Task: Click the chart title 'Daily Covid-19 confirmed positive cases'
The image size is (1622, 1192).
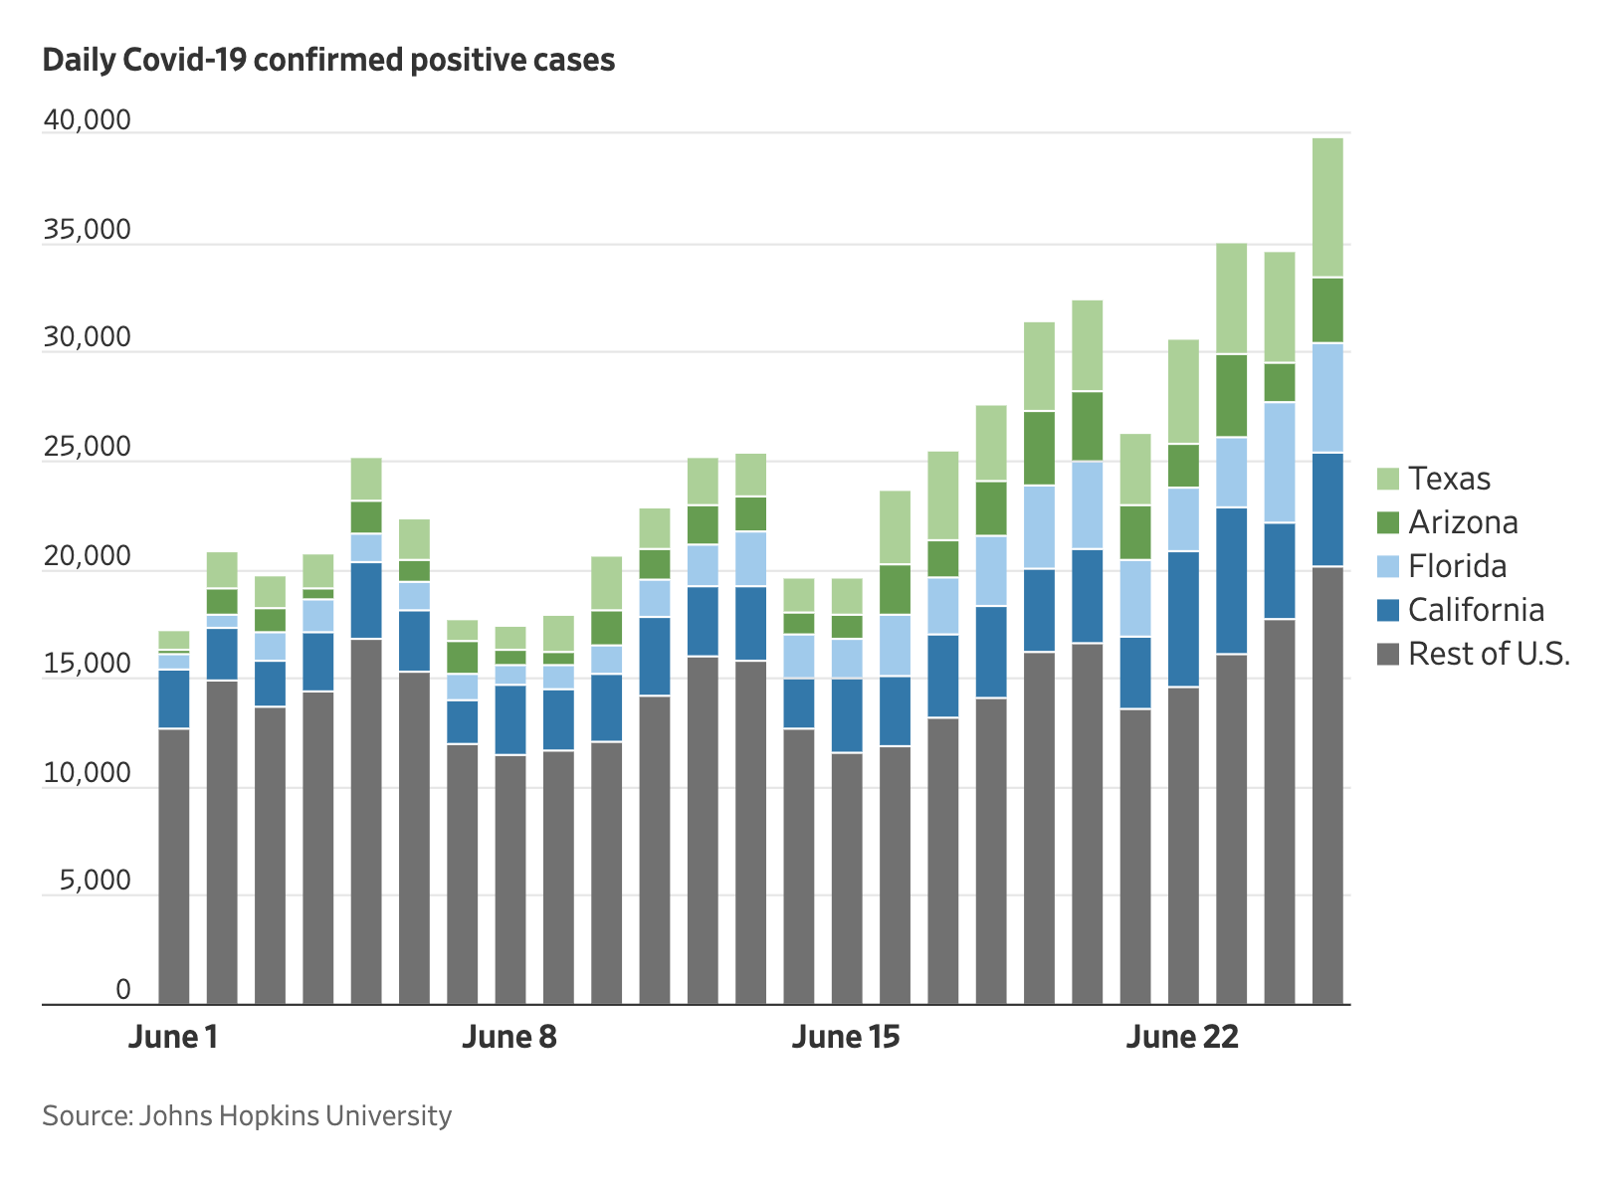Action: [328, 61]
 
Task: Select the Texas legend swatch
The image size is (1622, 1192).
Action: [1388, 479]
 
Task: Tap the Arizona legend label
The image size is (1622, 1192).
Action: [1463, 522]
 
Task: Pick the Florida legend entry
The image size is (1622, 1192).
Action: [1457, 566]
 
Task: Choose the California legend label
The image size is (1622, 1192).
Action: [1476, 610]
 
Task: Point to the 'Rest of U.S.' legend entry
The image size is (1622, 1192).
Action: [1489, 654]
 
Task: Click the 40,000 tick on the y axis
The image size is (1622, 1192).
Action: [87, 120]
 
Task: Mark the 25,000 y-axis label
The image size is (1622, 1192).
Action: [87, 447]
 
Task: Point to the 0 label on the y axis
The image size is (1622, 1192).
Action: [123, 989]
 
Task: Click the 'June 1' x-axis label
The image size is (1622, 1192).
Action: [173, 1037]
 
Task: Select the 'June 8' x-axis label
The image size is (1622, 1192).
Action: [509, 1037]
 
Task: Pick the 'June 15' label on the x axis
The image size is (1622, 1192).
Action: [846, 1037]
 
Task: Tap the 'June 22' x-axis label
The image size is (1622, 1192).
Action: [1182, 1037]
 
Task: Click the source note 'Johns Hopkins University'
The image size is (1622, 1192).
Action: [247, 1115]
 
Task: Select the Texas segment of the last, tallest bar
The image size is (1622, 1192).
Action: [1327, 207]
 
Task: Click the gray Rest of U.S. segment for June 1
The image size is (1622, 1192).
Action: [174, 866]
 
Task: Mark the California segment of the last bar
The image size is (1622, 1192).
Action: [1327, 509]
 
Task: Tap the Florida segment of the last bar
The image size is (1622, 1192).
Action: [1327, 398]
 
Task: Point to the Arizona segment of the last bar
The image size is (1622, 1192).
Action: [1327, 309]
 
